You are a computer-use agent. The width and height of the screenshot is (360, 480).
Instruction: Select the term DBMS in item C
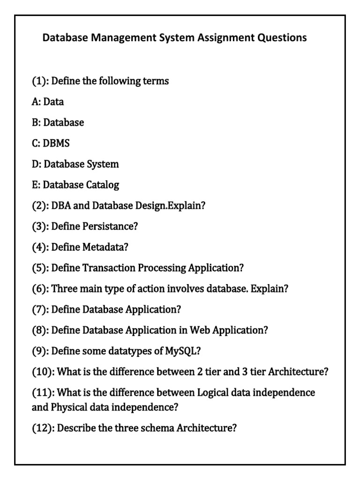(56, 143)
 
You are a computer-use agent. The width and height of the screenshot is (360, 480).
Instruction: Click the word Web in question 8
(200, 330)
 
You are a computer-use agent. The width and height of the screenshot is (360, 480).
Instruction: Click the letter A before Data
(36, 102)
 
